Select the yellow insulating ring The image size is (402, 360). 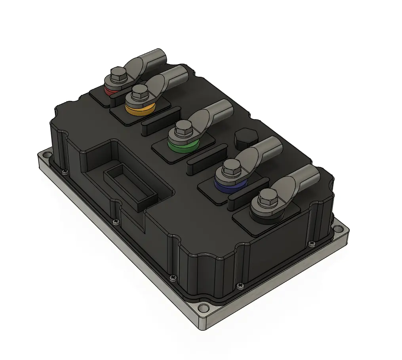coord(138,109)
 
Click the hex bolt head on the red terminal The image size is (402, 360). coord(118,73)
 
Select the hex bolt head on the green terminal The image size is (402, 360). coord(184,127)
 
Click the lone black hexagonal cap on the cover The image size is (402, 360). coord(246,138)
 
